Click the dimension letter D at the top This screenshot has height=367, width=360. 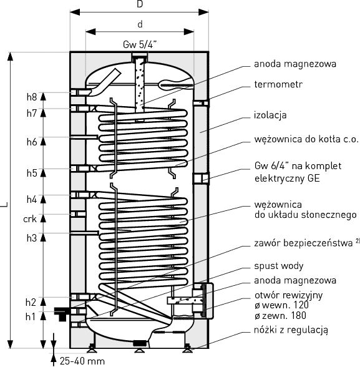(x=140, y=4)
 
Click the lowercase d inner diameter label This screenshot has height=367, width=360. (x=140, y=24)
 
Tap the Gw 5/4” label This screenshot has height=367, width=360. (x=140, y=44)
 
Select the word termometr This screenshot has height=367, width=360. (x=278, y=84)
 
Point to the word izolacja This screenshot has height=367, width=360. (x=270, y=115)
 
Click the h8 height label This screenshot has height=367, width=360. (x=32, y=97)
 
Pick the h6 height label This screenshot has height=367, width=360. (x=32, y=142)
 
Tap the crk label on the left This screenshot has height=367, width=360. (x=30, y=219)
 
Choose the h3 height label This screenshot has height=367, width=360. (x=32, y=238)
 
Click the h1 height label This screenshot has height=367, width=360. (x=31, y=316)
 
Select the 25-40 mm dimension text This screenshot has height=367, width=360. (x=82, y=361)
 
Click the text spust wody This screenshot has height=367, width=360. (x=279, y=266)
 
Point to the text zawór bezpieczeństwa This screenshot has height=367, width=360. (x=303, y=243)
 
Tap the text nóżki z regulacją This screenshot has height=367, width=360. (x=291, y=330)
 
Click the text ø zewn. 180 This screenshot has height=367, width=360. (x=280, y=316)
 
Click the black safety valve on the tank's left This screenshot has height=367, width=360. (x=62, y=313)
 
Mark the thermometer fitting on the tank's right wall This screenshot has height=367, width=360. (x=201, y=103)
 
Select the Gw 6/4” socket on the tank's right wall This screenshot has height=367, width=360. (x=201, y=179)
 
